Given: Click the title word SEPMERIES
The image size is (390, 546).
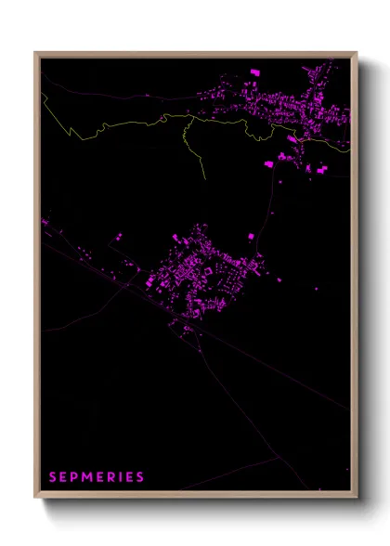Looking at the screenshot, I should [x=97, y=477].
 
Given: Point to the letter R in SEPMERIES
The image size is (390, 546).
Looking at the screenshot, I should [x=112, y=477].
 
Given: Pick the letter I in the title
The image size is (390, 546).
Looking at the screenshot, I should [x=122, y=477].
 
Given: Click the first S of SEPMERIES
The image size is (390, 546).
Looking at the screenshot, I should [x=53, y=477].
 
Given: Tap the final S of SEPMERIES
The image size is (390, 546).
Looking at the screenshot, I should [x=140, y=477].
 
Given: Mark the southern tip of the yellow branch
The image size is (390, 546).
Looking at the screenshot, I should [x=202, y=179].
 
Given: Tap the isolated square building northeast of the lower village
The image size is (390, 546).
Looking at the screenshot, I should [x=249, y=237].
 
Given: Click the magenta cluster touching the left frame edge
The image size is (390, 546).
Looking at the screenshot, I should [x=44, y=222].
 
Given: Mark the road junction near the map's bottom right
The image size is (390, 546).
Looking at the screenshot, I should [x=279, y=457].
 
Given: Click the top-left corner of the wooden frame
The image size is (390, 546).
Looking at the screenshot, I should [x=35, y=52].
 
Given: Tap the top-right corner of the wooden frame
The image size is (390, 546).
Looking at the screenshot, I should [x=357, y=52].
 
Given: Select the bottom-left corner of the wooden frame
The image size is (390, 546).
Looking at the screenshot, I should [x=35, y=499].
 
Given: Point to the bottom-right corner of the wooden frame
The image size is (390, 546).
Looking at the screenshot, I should [x=357, y=499].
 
